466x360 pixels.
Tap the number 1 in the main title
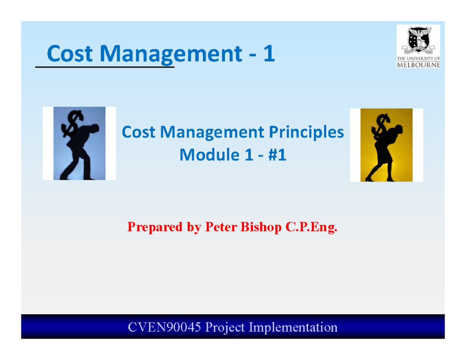[268, 54]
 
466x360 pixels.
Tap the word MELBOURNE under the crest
[418, 65]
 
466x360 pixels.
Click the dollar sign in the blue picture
[75, 120]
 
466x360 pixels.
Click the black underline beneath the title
[105, 67]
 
